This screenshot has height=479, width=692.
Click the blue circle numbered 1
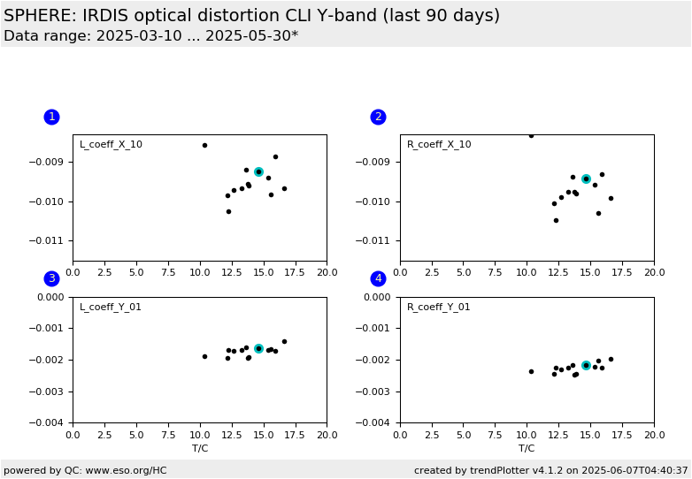[x=51, y=117]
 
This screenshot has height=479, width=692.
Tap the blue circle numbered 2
[x=378, y=117]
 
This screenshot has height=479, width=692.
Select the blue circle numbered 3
[x=51, y=278]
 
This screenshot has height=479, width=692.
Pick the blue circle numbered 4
[x=378, y=278]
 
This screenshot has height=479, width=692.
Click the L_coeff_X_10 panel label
[x=111, y=145]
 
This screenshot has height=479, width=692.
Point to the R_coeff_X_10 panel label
[x=439, y=145]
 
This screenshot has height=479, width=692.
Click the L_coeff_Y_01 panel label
[x=111, y=307]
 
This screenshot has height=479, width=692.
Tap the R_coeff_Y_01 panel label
[x=438, y=307]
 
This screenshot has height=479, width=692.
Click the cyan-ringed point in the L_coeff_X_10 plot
[x=258, y=171]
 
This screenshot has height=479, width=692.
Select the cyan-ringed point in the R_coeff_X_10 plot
[x=586, y=179]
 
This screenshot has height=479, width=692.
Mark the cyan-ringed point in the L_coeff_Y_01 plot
[x=258, y=348]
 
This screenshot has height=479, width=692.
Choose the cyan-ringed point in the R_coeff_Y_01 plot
[x=586, y=365]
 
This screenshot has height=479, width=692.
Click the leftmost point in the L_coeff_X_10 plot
[x=204, y=146]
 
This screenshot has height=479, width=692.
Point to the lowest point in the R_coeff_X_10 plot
[x=556, y=220]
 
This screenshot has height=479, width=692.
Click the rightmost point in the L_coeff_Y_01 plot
[x=284, y=341]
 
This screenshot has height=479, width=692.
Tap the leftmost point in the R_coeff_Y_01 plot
[x=531, y=371]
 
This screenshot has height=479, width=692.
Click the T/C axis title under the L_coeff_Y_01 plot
[x=200, y=449]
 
